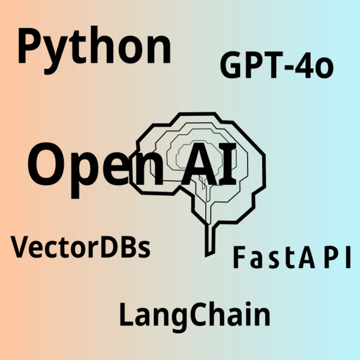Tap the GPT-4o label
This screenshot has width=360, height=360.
click(276, 66)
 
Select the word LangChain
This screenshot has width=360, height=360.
click(194, 314)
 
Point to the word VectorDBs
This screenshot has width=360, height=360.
click(81, 247)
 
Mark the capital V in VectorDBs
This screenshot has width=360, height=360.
click(22, 246)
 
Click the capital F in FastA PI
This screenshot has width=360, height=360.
click(239, 258)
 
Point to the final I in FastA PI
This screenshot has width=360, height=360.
click(346, 258)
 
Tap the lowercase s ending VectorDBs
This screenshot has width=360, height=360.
click(143, 249)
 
